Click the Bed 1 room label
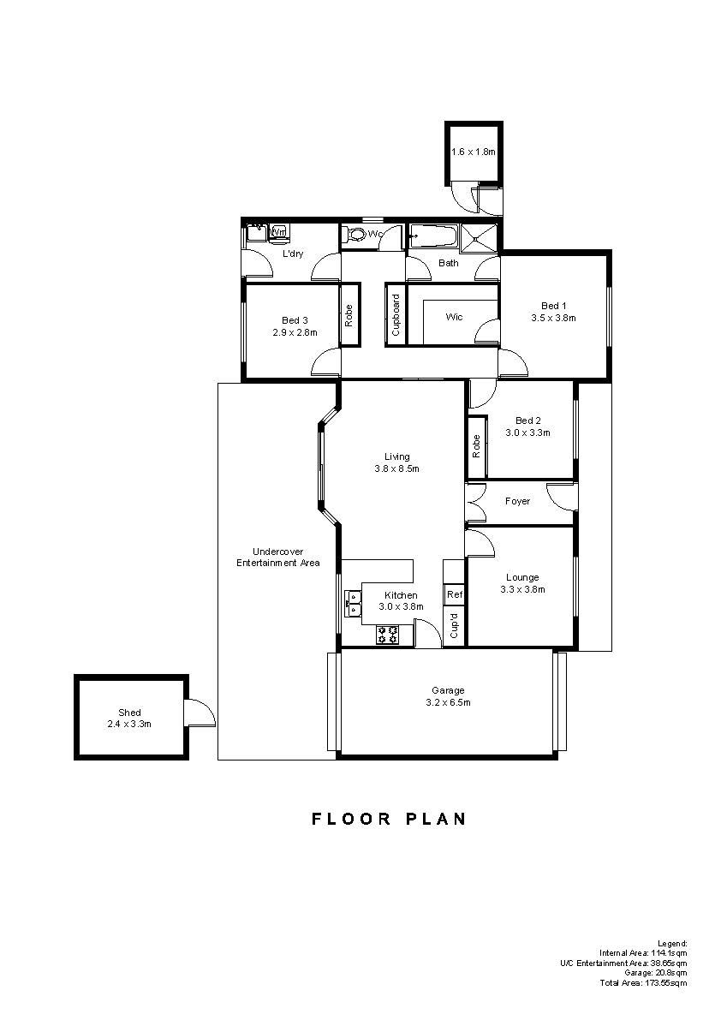tap(554, 306)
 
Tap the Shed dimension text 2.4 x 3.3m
tap(129, 724)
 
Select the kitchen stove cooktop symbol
tap(388, 635)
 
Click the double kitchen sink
tap(353, 603)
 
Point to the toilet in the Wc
tap(355, 234)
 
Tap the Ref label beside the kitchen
tap(455, 594)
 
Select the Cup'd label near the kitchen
tap(455, 626)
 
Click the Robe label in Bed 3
tap(349, 315)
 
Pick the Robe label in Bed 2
tap(477, 446)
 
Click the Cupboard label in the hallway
tap(396, 315)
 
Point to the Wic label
tap(455, 317)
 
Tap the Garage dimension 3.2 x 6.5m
tap(448, 702)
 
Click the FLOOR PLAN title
tap(390, 819)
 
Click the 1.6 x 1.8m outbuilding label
tap(474, 152)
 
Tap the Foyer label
tap(517, 502)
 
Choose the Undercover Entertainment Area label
tap(277, 558)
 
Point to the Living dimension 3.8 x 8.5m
tap(396, 468)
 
